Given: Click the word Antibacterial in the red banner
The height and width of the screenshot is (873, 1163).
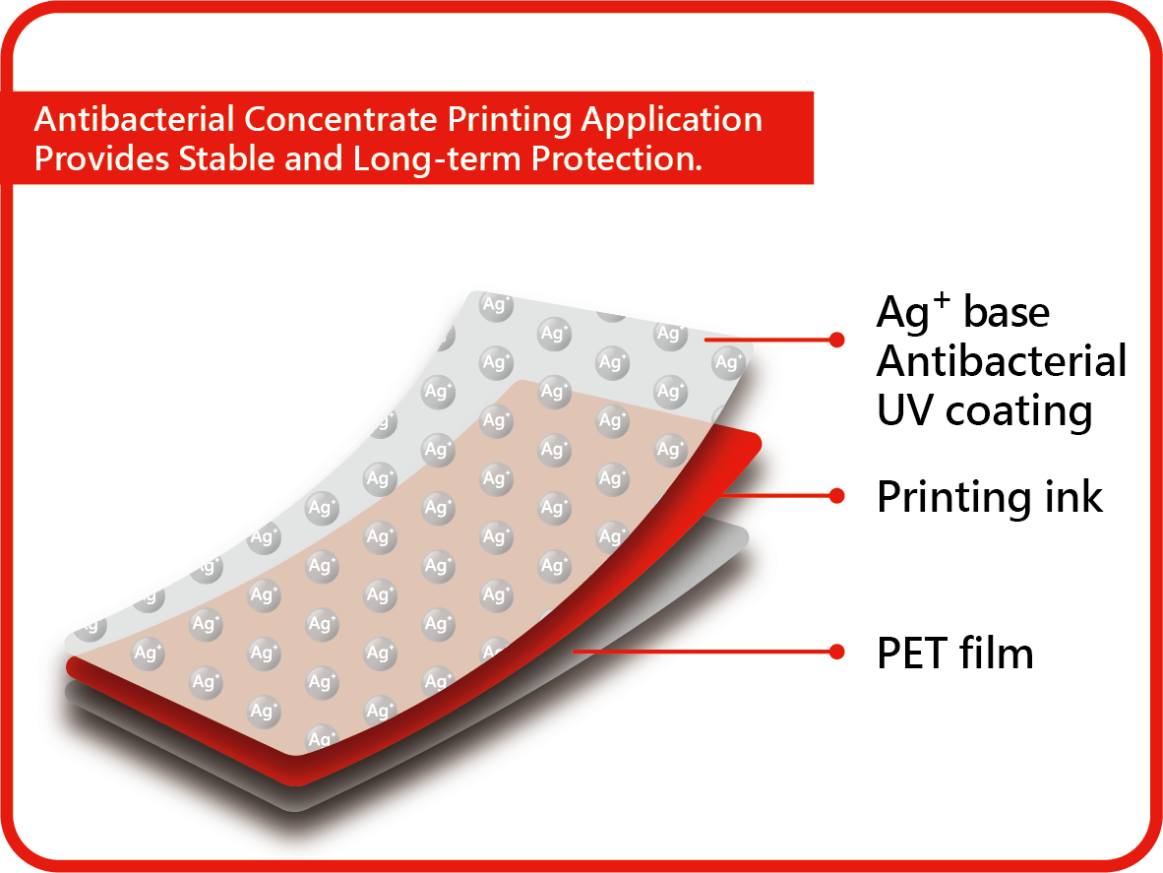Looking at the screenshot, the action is [134, 119].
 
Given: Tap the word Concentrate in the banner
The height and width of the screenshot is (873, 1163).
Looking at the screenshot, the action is [340, 119].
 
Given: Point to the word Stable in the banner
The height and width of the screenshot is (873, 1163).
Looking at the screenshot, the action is [227, 158].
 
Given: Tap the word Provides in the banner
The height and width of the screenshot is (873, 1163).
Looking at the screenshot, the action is [101, 158].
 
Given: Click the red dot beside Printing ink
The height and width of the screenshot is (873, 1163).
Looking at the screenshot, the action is [836, 495].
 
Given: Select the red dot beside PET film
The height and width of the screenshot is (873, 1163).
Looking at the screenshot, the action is [836, 652].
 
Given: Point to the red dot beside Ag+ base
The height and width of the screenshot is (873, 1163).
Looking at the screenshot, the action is [836, 340].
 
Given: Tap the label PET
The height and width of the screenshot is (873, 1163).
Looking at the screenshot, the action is [912, 654].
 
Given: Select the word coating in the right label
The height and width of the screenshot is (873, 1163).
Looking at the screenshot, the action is [1019, 412].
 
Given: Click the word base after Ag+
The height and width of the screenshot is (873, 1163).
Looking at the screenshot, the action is [1007, 312].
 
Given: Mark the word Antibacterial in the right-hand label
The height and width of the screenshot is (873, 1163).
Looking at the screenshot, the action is [1002, 361].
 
